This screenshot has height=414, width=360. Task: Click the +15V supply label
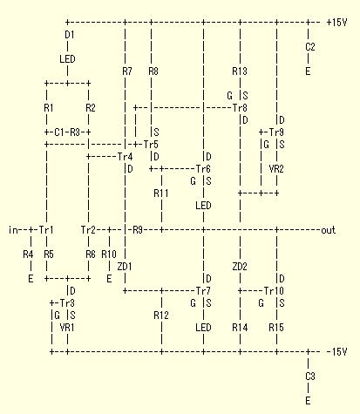(336, 23)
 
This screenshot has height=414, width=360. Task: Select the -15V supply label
(336, 352)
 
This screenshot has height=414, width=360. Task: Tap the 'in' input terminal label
(13, 230)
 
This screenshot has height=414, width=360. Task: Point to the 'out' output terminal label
(329, 230)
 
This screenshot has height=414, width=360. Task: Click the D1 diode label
(70, 35)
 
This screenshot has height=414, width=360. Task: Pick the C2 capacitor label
(310, 47)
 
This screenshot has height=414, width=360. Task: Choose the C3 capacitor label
(310, 377)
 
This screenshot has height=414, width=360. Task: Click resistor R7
(127, 71)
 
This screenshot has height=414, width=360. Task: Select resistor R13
(240, 71)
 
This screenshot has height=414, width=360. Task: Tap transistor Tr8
(240, 108)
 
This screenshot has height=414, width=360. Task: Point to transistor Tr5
(151, 145)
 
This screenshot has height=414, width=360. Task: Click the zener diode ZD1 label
(125, 267)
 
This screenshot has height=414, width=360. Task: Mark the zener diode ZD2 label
(240, 267)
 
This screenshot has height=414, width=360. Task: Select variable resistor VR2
(276, 169)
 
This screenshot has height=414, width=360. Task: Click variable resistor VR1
(67, 328)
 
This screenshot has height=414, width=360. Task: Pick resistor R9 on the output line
(138, 230)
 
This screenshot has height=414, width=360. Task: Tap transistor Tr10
(274, 291)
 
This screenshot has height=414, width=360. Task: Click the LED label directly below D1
(67, 59)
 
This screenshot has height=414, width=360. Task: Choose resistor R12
(161, 316)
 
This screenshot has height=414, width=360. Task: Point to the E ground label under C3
(308, 401)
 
